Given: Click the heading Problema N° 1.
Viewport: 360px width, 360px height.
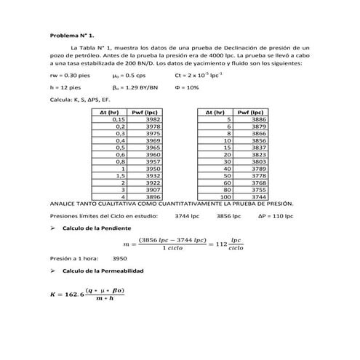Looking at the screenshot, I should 72,35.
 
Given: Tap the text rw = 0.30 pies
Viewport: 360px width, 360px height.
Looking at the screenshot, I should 69,76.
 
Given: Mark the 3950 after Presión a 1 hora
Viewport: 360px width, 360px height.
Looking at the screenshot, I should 120,258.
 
